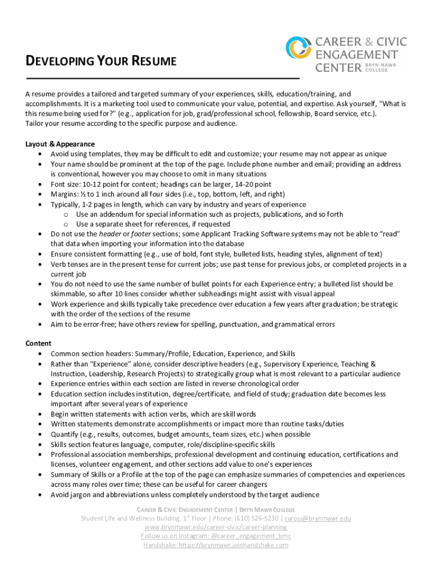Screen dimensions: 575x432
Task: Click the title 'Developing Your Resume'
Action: tap(101, 61)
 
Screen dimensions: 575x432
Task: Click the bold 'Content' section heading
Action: tap(38, 343)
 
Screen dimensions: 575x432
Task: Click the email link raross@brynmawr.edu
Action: tap(318, 518)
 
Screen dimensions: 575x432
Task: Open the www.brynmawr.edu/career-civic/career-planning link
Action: tap(215, 527)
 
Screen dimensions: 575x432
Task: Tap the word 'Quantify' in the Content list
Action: tap(65, 434)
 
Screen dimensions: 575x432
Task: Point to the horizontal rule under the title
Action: tap(163, 79)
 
